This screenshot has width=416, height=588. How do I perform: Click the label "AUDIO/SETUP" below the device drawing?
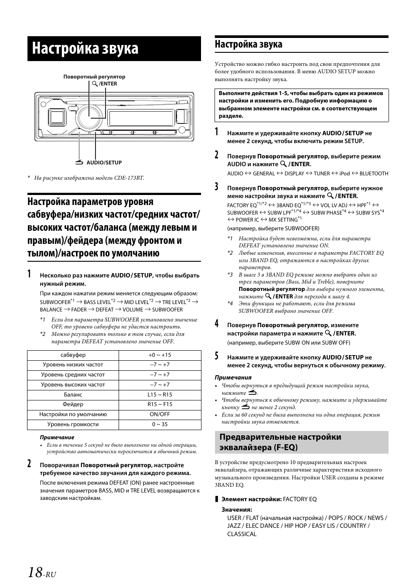(x=104, y=163)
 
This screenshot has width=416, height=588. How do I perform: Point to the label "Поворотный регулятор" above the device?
(x=94, y=77)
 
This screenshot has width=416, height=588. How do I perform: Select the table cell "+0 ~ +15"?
(x=160, y=355)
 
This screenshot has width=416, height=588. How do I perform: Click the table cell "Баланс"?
(x=73, y=395)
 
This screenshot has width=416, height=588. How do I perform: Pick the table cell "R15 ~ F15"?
(x=160, y=405)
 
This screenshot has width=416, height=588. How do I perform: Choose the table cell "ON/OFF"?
(x=160, y=414)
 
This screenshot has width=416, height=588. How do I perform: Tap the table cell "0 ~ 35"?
(x=160, y=424)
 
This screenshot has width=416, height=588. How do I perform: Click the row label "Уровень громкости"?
(x=73, y=424)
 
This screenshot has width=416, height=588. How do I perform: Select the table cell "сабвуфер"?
(x=73, y=355)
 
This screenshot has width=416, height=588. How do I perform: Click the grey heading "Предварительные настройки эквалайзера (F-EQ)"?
(x=301, y=442)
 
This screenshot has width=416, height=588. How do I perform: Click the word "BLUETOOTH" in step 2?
(x=374, y=174)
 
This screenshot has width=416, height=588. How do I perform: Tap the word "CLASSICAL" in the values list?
(x=242, y=534)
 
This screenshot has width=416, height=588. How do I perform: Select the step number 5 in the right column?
(x=217, y=356)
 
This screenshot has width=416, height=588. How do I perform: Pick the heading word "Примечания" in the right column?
(x=233, y=377)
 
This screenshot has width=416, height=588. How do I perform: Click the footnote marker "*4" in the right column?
(x=230, y=304)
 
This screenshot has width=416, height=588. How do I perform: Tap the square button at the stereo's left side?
(x=57, y=117)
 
